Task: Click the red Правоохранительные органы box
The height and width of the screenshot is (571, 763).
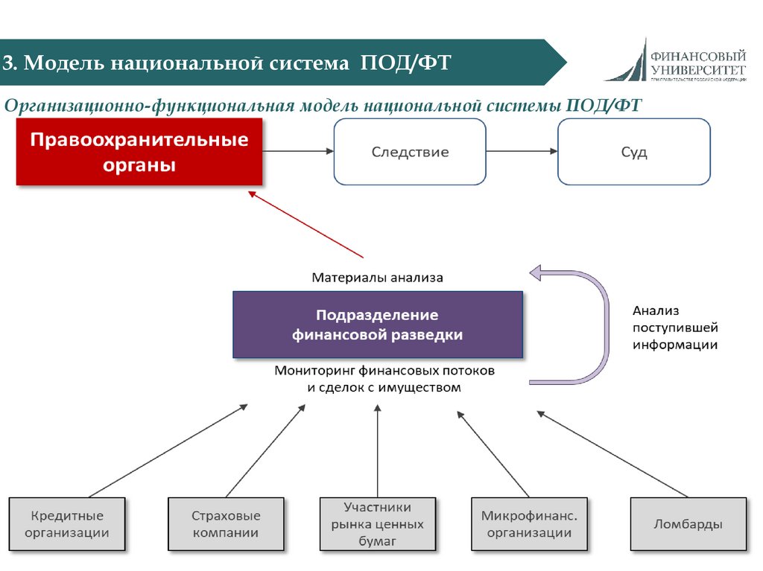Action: tap(139, 152)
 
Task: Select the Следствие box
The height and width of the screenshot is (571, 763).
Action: tap(410, 152)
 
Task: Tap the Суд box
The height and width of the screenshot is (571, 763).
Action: tap(634, 152)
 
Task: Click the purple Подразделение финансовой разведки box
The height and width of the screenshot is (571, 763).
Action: tap(378, 325)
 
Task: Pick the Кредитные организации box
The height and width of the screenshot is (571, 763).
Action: tap(67, 524)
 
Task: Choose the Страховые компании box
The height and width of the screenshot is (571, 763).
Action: tap(226, 524)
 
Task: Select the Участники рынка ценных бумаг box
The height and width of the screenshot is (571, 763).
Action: tap(378, 524)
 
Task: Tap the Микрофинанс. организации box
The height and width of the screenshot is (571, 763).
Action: tap(529, 524)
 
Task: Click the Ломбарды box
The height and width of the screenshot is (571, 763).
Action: tap(688, 524)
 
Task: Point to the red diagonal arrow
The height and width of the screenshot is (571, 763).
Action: tap(305, 224)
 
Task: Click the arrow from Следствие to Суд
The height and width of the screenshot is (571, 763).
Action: tap(522, 151)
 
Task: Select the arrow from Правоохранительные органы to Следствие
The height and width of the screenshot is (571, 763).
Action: tap(298, 151)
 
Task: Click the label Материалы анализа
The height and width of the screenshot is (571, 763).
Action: tap(377, 278)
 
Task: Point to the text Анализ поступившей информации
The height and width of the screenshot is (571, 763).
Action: tap(675, 328)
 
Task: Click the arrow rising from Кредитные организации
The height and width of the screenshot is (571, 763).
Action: tap(168, 451)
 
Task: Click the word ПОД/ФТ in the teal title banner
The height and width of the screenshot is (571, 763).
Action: tap(406, 63)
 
